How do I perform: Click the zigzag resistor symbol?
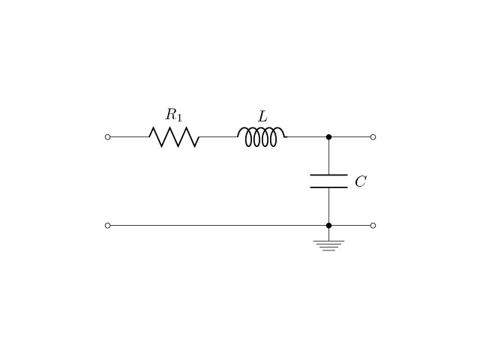click(x=174, y=136)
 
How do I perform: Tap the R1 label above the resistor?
click(x=174, y=115)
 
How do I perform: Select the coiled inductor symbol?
click(x=262, y=136)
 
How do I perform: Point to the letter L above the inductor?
click(x=262, y=117)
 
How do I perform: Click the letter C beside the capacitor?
click(x=360, y=181)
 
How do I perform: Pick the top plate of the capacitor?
click(x=328, y=175)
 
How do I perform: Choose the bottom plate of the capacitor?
click(x=328, y=187)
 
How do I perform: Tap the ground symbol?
click(x=328, y=246)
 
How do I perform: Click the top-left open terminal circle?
click(x=107, y=136)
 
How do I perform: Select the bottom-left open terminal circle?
click(x=107, y=226)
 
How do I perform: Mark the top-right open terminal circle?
click(x=373, y=136)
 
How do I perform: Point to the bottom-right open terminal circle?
click(x=373, y=226)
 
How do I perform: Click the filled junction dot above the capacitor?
click(x=328, y=136)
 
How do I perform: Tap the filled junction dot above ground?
click(x=328, y=226)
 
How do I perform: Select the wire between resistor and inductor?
click(x=218, y=136)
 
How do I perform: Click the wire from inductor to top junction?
click(x=307, y=136)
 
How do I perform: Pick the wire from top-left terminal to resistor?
click(x=130, y=136)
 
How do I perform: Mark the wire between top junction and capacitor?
click(x=328, y=157)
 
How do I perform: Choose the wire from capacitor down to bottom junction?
click(x=328, y=205)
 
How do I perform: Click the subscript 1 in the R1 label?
click(x=179, y=118)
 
